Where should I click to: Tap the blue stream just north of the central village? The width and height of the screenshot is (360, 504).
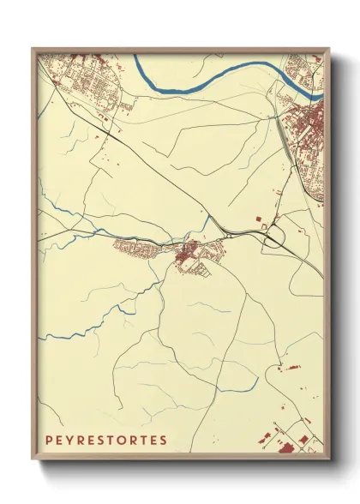point(204,225)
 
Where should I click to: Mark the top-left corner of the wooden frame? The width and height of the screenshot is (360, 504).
point(33,50)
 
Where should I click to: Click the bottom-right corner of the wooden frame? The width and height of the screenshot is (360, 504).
point(329,459)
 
